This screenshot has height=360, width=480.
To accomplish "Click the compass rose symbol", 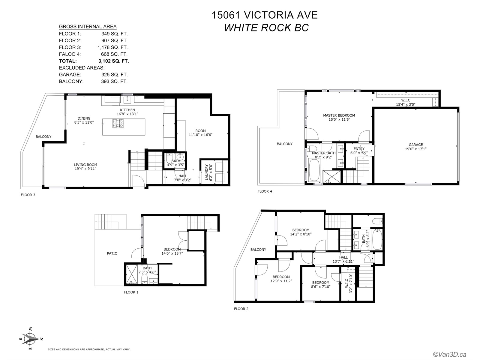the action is (x=31, y=340).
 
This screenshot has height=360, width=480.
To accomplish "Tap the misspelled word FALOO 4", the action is (x=70, y=54).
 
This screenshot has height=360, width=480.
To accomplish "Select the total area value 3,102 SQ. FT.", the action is (x=114, y=61).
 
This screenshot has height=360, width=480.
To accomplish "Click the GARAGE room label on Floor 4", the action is (x=416, y=145).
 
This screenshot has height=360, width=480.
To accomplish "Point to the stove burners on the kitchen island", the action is (x=118, y=123).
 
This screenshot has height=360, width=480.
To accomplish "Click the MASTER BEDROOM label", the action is (x=339, y=115).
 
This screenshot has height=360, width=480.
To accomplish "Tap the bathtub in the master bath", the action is (x=314, y=170).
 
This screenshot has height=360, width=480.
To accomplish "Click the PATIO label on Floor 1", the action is (x=112, y=253).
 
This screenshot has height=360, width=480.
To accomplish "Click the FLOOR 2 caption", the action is (x=241, y=309).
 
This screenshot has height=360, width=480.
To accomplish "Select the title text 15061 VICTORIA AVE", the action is (x=265, y=15).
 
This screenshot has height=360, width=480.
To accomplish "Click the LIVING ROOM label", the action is (x=85, y=165).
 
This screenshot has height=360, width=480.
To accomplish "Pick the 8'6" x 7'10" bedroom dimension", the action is (x=321, y=286).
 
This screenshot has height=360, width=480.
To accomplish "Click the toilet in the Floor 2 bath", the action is (x=378, y=221).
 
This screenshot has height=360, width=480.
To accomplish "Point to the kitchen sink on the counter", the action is (x=127, y=100).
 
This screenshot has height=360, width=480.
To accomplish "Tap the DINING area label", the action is (x=84, y=118).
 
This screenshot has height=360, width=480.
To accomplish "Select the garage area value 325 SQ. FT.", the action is (x=114, y=74).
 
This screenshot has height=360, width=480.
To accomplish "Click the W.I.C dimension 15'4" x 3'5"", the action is (x=406, y=104).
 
